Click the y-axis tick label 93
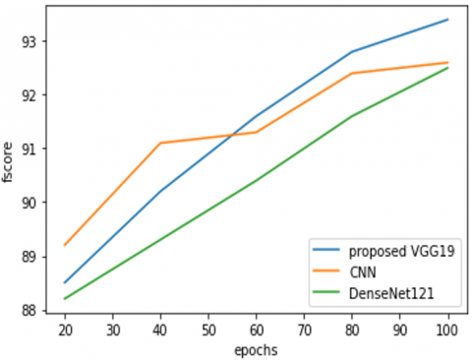pos(29,41)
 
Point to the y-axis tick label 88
pos(29,310)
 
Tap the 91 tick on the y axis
pos(29,149)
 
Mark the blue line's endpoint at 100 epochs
pos(448,20)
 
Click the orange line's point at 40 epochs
pos(160,143)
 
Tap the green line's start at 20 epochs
pos(65,299)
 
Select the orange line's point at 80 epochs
pos(352,73)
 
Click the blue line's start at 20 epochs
pos(65,283)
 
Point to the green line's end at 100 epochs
pos(448,68)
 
